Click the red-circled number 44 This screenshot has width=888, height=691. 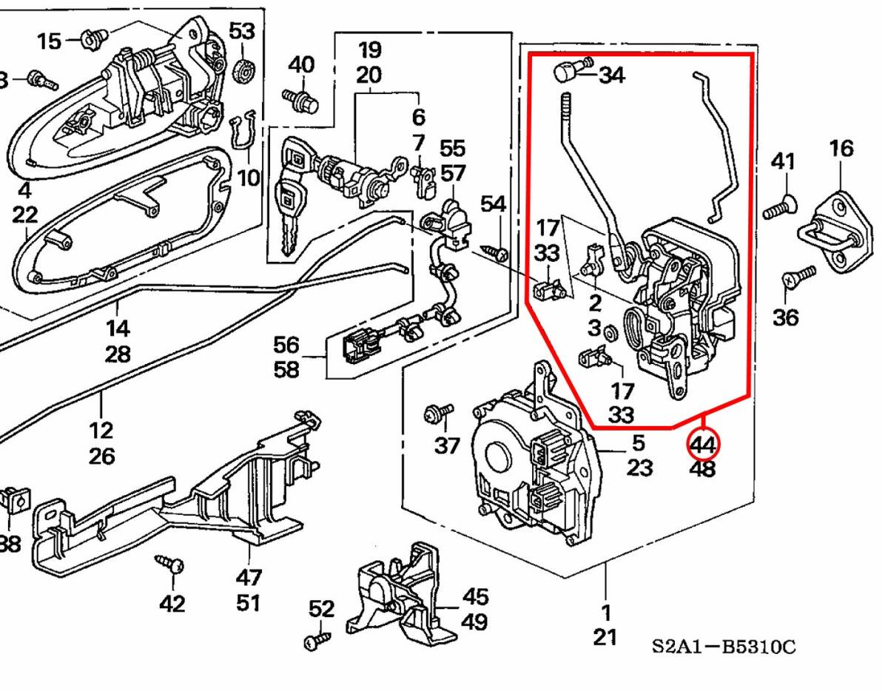(x=702, y=445)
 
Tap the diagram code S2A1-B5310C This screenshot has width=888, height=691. (x=724, y=647)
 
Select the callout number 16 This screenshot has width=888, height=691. (x=841, y=149)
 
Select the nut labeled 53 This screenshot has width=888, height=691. (x=242, y=72)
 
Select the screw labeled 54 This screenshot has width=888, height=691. (x=497, y=252)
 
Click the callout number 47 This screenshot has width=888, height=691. (x=249, y=577)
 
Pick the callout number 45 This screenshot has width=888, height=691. (x=475, y=596)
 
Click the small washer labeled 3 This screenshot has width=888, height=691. (x=611, y=332)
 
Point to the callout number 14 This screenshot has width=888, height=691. (x=118, y=328)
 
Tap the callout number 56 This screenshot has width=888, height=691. (x=286, y=345)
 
